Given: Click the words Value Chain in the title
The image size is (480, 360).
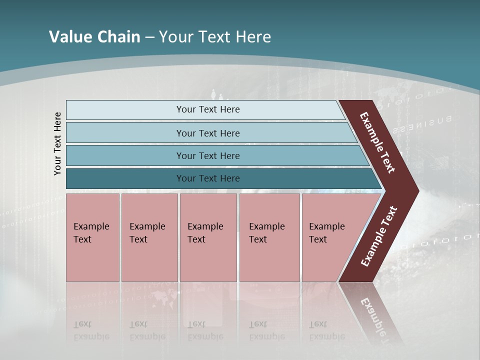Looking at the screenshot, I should [94, 36].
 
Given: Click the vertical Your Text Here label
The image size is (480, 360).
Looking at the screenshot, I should [57, 143].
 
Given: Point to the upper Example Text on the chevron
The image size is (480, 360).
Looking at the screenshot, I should [377, 142].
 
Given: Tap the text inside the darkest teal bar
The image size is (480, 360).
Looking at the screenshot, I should [208, 178].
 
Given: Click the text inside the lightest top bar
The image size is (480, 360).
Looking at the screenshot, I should [208, 109].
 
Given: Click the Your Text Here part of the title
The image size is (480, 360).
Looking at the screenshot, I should [215, 36].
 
